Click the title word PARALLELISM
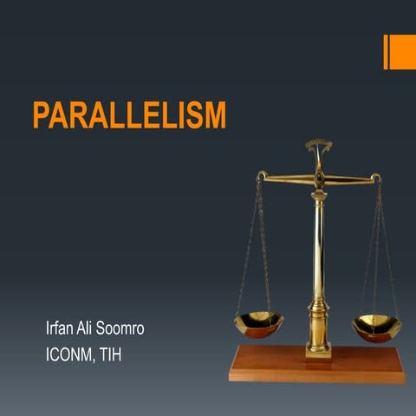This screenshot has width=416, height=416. (x=129, y=114)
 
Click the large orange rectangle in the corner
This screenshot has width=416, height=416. (x=403, y=52)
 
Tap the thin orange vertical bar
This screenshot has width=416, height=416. (x=386, y=52)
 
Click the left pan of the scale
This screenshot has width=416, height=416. (x=258, y=324)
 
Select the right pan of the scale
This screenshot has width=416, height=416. (x=376, y=327)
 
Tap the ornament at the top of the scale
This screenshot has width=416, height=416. (x=318, y=146)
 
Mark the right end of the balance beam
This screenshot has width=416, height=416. (x=375, y=178)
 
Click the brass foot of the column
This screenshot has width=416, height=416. (x=318, y=345)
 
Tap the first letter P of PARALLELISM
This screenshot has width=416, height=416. (x=41, y=114)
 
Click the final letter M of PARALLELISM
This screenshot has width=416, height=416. (x=213, y=114)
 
